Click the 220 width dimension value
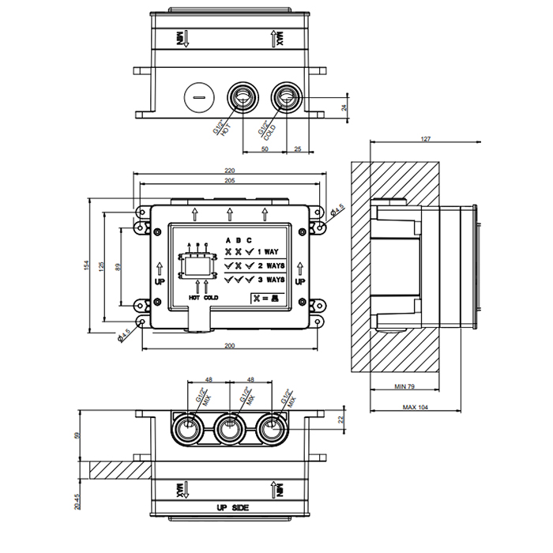pyautogui.click(x=230, y=171)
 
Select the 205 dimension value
pyautogui.click(x=230, y=181)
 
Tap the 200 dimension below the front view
pyautogui.click(x=229, y=347)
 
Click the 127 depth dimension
pyautogui.click(x=426, y=140)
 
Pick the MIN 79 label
pyautogui.click(x=405, y=387)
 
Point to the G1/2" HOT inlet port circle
pyautogui.click(x=242, y=99)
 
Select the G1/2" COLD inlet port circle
pyautogui.click(x=285, y=99)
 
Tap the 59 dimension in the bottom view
pyautogui.click(x=77, y=434)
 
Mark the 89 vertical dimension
pyautogui.click(x=118, y=266)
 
